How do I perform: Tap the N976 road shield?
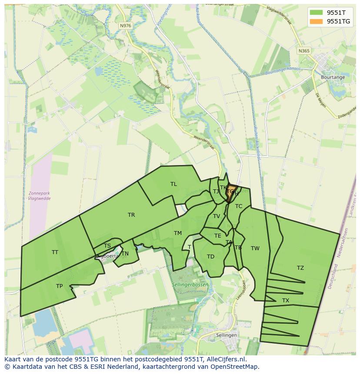[x=125, y=26]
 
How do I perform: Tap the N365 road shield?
[x=304, y=51]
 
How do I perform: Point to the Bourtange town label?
[x=333, y=77]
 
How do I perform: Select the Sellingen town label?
[x=227, y=335]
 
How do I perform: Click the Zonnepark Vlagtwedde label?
[x=39, y=195]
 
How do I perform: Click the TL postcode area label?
[x=173, y=184]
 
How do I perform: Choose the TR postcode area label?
[x=131, y=215]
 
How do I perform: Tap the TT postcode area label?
[x=55, y=252]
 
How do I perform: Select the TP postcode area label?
[x=59, y=286]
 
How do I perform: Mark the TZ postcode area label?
[x=300, y=268]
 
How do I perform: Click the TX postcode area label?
[x=286, y=301]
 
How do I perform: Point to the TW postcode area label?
[x=255, y=248]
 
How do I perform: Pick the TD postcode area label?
[x=210, y=257]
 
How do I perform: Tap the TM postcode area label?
[x=178, y=233]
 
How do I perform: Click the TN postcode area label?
[x=125, y=254]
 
